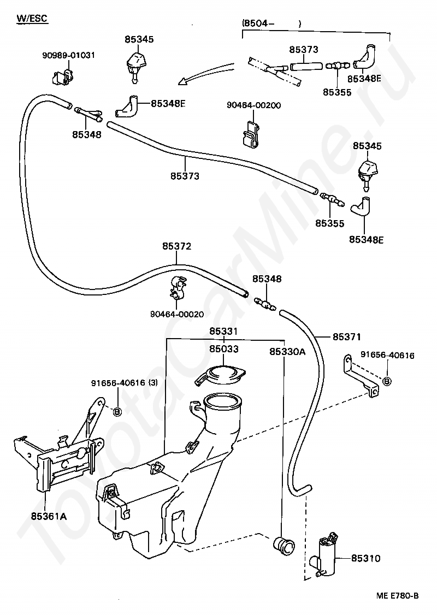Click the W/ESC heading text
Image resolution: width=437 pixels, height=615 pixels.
[32, 18]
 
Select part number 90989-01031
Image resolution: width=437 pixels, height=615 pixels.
[69, 55]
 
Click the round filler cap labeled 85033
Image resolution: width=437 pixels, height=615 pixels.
[220, 376]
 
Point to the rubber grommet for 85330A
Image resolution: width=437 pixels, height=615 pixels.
[283, 546]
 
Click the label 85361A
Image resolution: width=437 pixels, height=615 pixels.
[49, 517]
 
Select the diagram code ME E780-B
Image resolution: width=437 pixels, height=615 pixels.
[397, 596]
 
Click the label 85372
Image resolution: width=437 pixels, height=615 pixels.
[176, 246]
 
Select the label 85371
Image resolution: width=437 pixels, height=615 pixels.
[347, 336]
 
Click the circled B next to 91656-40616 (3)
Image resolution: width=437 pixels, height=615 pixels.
[116, 411]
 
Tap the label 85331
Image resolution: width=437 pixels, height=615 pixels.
[223, 332]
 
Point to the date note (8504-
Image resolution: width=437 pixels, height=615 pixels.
[257, 23]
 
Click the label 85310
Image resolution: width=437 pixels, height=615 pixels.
[365, 558]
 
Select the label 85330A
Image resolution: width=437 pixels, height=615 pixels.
[287, 351]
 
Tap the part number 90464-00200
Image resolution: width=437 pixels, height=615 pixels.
[254, 105]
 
